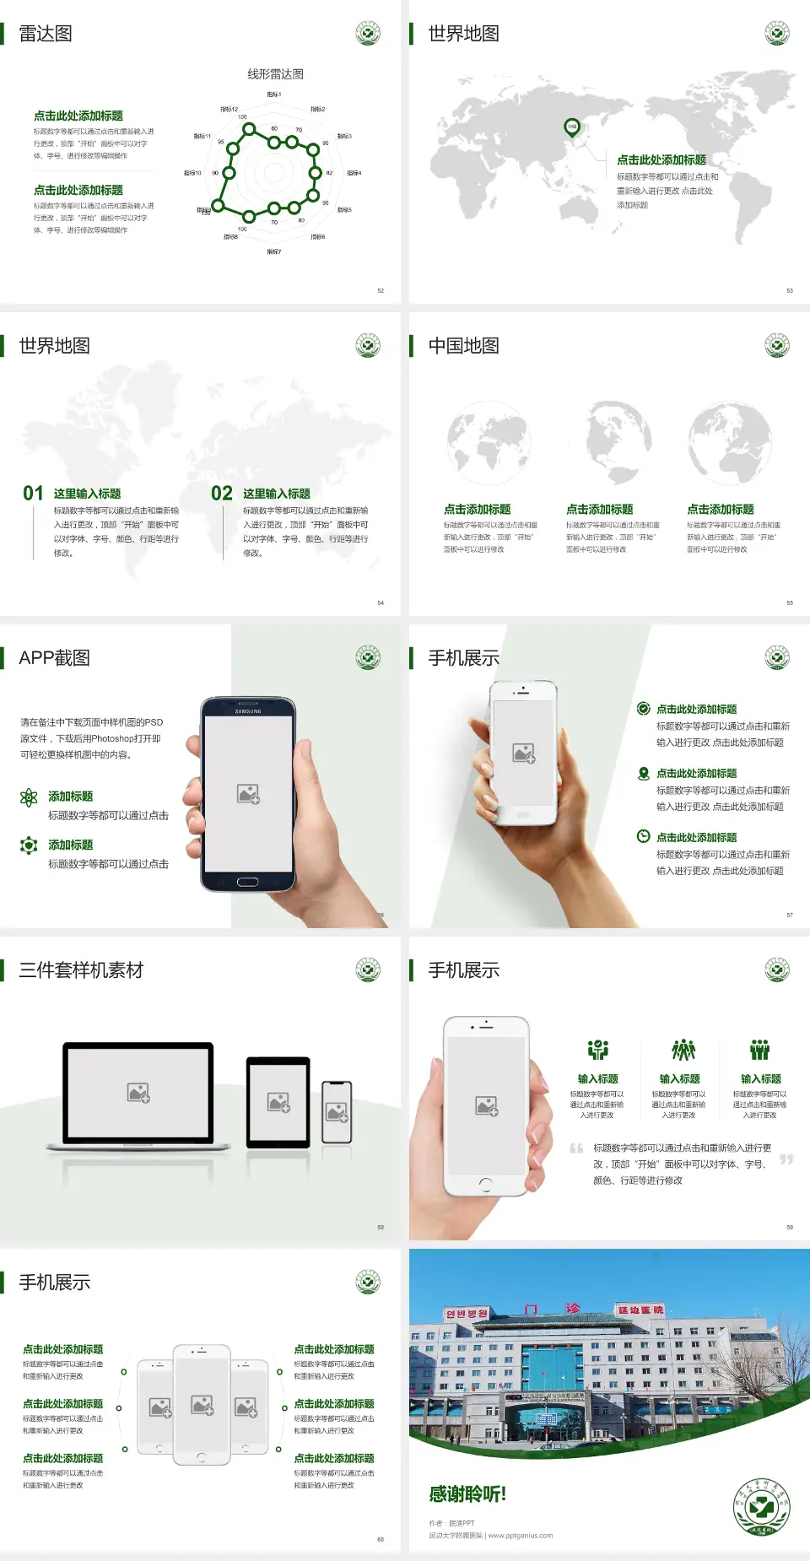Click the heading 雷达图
[46, 34]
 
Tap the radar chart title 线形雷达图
[275, 74]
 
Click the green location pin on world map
[571, 127]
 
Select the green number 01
[33, 493]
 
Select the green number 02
[222, 493]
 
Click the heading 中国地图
[463, 346]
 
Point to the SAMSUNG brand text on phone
[248, 711]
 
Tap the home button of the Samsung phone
[247, 882]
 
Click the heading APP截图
[55, 658]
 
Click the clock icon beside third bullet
[643, 836]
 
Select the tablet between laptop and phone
[278, 1102]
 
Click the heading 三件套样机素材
[81, 970]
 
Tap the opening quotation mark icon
[576, 1148]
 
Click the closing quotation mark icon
[786, 1159]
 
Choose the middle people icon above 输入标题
[683, 1050]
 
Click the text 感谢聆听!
[467, 1494]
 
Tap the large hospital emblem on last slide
[761, 1507]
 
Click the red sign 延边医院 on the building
[640, 1310]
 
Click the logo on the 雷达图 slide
[368, 34]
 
